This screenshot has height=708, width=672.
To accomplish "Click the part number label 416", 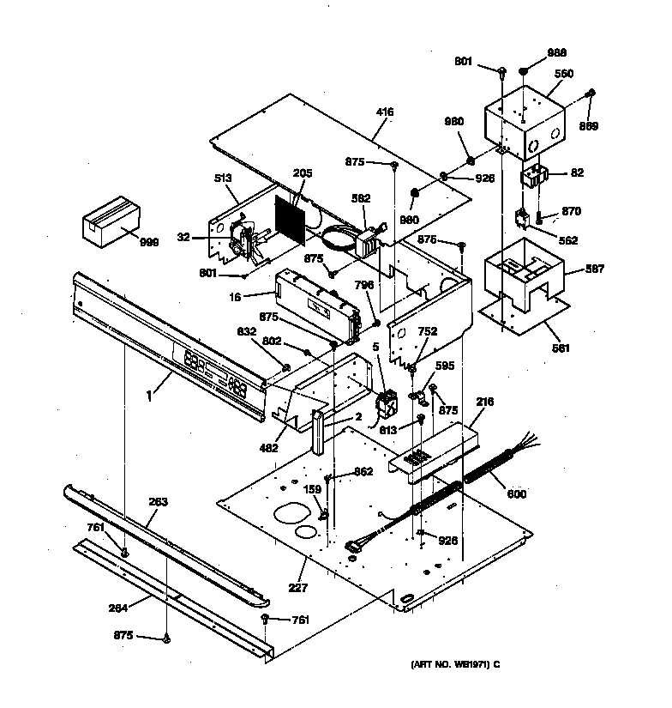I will coord(386,112).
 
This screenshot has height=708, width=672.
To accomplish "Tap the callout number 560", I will coord(564,74).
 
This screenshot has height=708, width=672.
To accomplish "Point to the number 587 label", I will coord(595,269).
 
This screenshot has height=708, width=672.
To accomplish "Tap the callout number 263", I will coord(158,501).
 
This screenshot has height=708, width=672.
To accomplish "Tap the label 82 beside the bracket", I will coord(577,172).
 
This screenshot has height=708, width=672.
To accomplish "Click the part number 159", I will coord(314,490).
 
